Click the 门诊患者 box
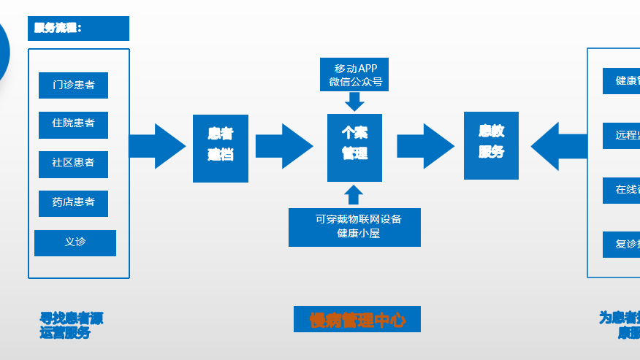(73, 85)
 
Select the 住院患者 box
(73, 124)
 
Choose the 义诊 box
(75, 242)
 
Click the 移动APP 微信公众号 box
(354, 75)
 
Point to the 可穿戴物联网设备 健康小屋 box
(354, 227)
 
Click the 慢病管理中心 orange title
(357, 319)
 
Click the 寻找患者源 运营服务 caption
(70, 326)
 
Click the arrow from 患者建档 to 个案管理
(284, 146)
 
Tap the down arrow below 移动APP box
(354, 102)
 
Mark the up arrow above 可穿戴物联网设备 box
(354, 195)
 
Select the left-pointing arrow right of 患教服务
(559, 146)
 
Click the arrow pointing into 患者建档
(158, 146)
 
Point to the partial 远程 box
(622, 135)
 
